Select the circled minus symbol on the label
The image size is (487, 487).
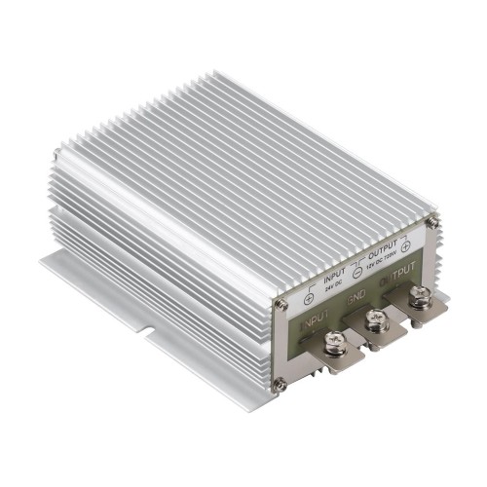click(x=358, y=277)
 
